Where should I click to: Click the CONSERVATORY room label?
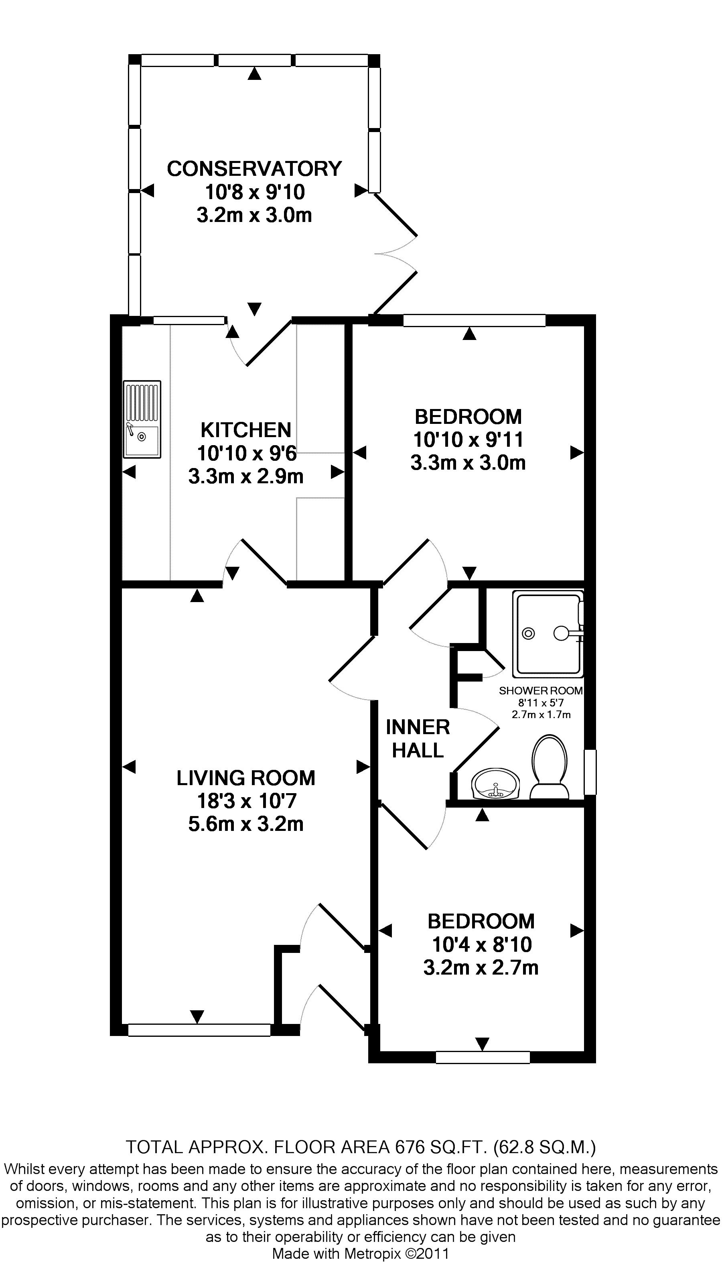click(254, 169)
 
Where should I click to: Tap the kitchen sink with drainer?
click(142, 419)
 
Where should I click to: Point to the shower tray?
click(548, 633)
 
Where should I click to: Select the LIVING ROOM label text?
click(246, 778)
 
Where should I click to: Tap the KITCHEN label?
click(246, 429)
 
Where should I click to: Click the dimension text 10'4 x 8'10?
click(481, 944)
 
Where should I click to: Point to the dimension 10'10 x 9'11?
click(468, 440)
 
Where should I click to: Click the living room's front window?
click(199, 1030)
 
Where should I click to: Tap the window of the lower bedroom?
click(483, 1058)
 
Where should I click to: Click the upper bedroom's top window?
click(474, 320)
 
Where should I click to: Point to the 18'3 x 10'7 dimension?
click(246, 801)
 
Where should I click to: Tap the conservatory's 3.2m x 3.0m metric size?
click(254, 215)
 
